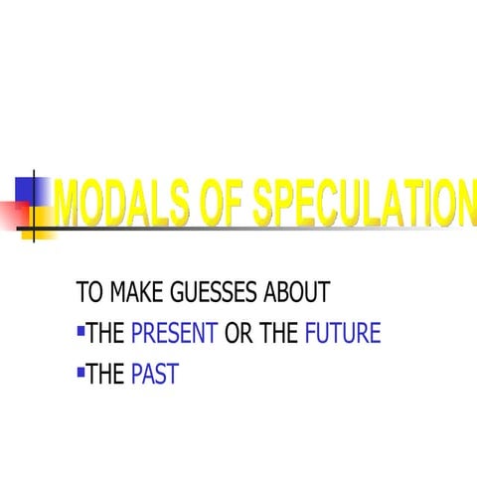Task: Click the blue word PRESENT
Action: pyautogui.click(x=174, y=333)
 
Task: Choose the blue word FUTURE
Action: pyautogui.click(x=343, y=333)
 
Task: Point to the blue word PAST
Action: pyautogui.click(x=154, y=375)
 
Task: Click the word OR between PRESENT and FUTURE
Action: pyautogui.click(x=238, y=333)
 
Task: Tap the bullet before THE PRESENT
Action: pyautogui.click(x=80, y=328)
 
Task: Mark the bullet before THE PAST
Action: pyautogui.click(x=80, y=370)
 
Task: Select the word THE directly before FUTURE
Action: pyautogui.click(x=279, y=333)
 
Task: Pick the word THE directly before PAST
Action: pyautogui.click(x=105, y=375)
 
